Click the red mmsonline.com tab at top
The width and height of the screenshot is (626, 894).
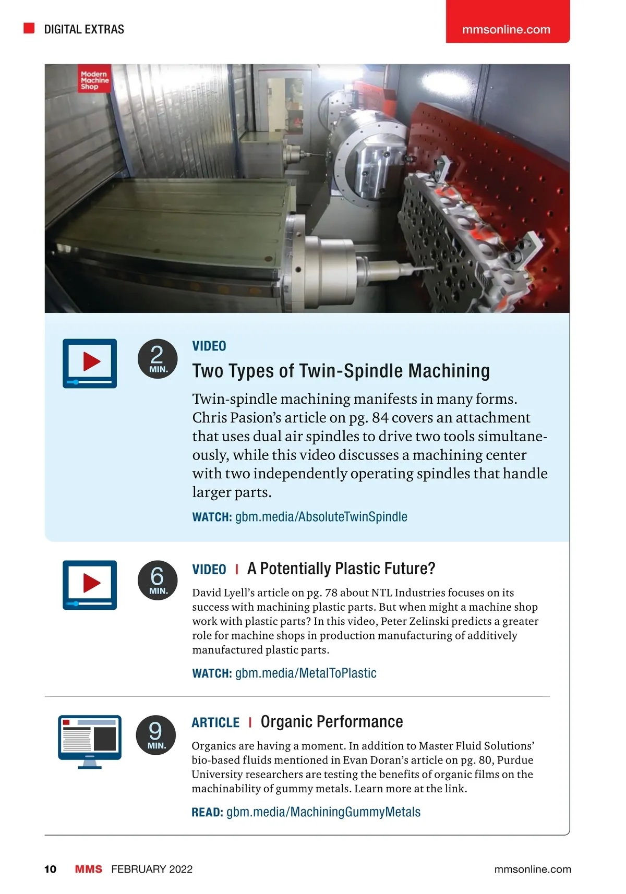(x=507, y=29)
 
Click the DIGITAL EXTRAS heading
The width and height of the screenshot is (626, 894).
(x=84, y=29)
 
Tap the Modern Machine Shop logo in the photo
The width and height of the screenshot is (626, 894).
(x=94, y=80)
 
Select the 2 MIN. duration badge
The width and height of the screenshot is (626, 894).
(x=158, y=359)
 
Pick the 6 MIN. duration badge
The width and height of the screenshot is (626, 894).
(x=158, y=581)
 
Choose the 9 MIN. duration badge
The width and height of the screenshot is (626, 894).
(x=155, y=735)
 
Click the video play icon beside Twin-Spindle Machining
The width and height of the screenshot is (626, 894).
(x=90, y=363)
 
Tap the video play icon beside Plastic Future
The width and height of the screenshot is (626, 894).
(x=90, y=585)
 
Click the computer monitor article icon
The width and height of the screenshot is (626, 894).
(x=90, y=741)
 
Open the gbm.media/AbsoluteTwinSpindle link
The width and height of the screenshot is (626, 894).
(x=321, y=517)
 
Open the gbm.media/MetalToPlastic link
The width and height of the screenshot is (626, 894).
(x=306, y=673)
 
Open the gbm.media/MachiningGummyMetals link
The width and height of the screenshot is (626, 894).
(x=323, y=812)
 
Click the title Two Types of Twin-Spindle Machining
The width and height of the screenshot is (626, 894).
(x=341, y=371)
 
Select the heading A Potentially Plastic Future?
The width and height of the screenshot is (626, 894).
(x=341, y=569)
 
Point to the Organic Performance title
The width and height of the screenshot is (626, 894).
(x=332, y=722)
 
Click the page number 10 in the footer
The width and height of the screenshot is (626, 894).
(x=51, y=869)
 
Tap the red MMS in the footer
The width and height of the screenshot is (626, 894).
(x=89, y=869)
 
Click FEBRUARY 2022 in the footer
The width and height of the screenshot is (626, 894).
(x=152, y=869)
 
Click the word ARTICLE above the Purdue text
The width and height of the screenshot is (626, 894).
(x=215, y=722)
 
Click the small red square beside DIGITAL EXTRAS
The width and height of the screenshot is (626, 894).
(x=29, y=28)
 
